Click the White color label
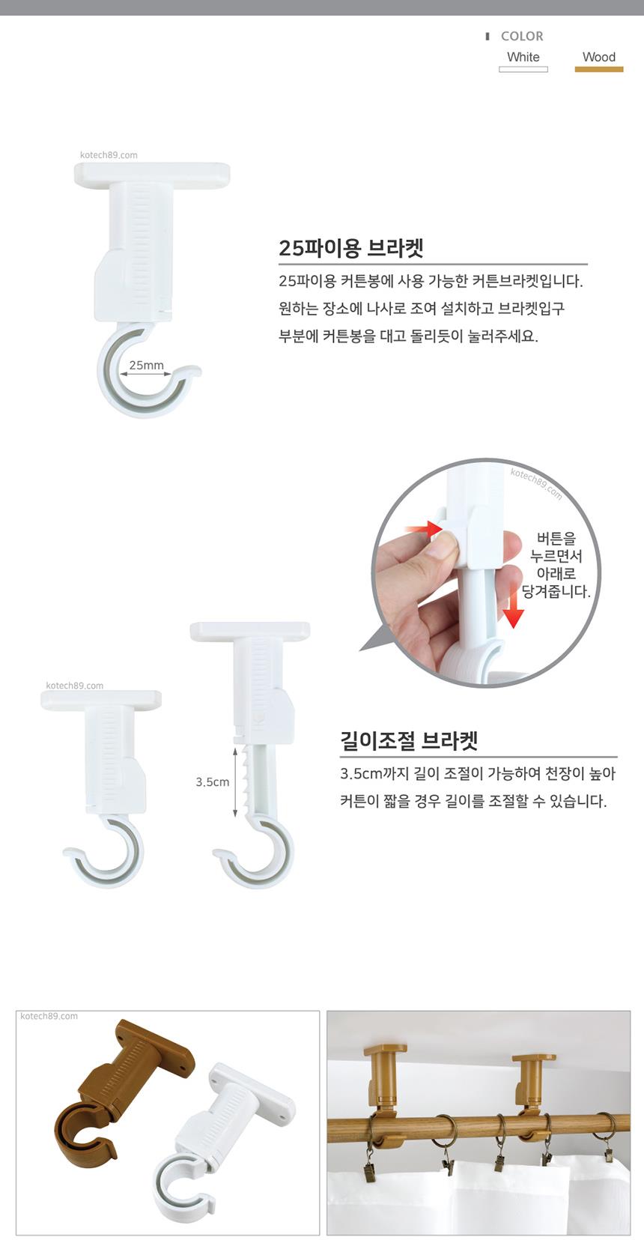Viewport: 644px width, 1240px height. point(523,57)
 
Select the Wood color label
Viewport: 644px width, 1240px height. point(598,57)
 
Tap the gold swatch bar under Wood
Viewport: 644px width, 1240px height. point(598,70)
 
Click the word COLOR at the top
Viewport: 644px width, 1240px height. point(522,37)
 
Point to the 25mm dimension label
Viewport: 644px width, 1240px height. point(147,366)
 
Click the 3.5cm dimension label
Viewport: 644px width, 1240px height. point(213,782)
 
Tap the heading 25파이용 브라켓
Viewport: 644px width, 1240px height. point(350,248)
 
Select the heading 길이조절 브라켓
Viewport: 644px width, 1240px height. point(409,741)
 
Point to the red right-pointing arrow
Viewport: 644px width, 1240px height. point(424,529)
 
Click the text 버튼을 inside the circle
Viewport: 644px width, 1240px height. point(556,538)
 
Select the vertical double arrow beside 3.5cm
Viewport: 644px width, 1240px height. point(235,781)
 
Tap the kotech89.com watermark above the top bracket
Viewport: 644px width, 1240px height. point(109,155)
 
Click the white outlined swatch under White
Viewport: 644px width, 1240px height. point(523,70)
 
